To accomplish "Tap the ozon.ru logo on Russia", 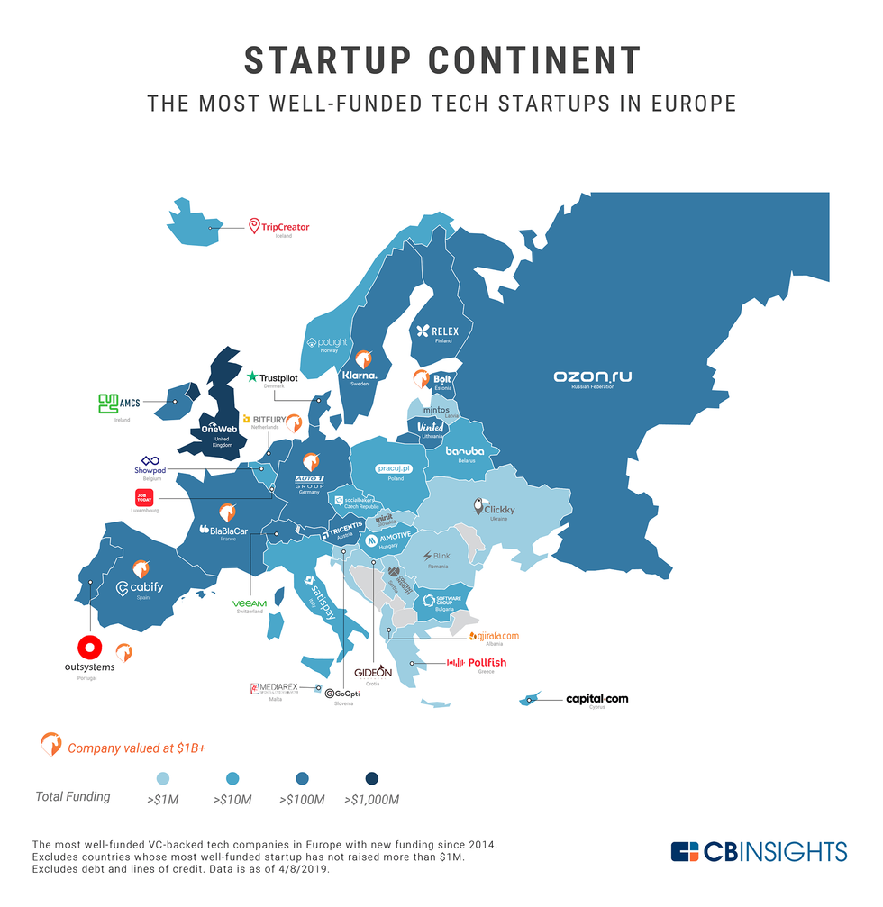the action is coord(592,376).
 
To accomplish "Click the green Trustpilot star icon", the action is coord(252,376).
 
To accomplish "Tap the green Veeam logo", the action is coord(250,603).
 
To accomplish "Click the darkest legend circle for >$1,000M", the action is coord(372,778).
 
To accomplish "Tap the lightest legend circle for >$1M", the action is coord(162,778).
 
